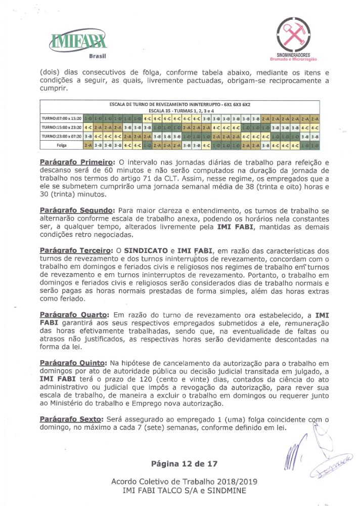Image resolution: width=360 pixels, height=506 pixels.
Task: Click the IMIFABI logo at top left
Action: [x=80, y=38]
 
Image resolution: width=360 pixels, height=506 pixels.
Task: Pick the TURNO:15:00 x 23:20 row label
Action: [x=62, y=128]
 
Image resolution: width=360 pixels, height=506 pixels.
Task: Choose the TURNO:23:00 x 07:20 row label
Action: [x=62, y=136]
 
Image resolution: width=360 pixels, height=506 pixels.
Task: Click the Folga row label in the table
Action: [x=62, y=145]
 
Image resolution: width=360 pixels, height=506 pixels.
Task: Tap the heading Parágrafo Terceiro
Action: [x=76, y=251]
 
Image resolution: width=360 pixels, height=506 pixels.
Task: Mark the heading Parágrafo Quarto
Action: [x=74, y=315]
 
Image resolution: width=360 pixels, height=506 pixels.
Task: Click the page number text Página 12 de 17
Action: [x=181, y=463]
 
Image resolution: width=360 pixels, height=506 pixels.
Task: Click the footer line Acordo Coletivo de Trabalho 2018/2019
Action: [x=181, y=481]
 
